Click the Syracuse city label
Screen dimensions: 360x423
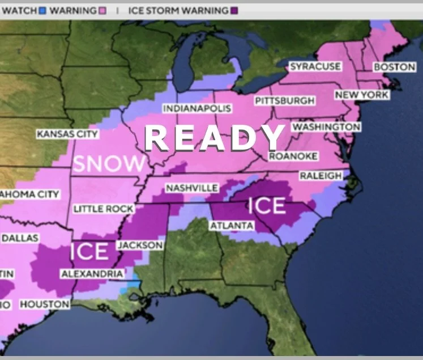(315, 67)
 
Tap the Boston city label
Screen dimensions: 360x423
(395, 67)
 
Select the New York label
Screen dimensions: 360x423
(362, 95)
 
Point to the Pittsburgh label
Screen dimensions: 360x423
(284, 101)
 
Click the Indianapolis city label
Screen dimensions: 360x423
(197, 108)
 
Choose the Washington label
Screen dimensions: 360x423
(326, 126)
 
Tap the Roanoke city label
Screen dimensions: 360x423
(293, 156)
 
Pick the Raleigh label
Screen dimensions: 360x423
(321, 176)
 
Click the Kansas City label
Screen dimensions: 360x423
(67, 134)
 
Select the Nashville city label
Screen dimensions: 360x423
(192, 188)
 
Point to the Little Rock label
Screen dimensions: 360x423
(104, 209)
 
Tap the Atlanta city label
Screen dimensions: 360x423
(232, 226)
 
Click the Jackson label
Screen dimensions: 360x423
(140, 245)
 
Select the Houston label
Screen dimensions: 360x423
(45, 304)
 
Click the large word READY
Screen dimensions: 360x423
(215, 137)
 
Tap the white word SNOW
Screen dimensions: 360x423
(109, 164)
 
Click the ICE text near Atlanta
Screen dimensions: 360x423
(267, 205)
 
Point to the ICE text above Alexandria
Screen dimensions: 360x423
(89, 251)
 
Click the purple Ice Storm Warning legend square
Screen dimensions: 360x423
(234, 10)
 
